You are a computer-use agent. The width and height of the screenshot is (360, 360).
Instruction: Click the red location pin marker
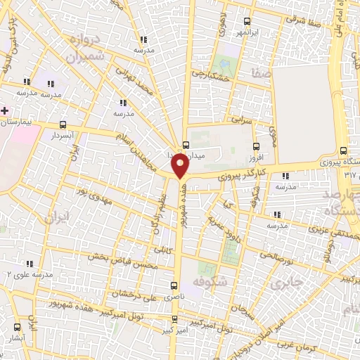[180, 165]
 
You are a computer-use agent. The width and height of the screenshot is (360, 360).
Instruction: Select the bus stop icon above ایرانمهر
[246, 21]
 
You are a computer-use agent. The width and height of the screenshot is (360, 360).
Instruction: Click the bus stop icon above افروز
[258, 148]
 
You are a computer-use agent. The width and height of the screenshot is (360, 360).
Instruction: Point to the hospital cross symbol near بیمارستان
[5, 111]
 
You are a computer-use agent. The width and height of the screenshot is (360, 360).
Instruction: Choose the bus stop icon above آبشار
[18, 328]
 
